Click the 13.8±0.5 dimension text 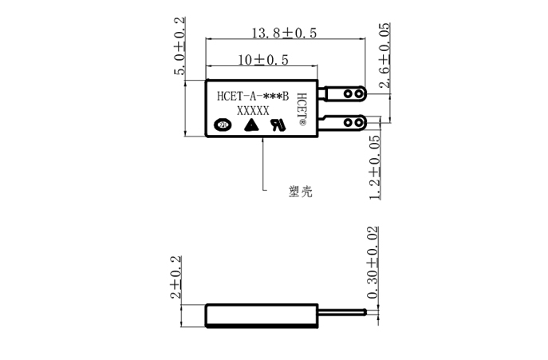pos(284,34)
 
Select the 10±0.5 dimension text pos(262,60)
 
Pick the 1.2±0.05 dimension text pos(376,168)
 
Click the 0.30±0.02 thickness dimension pos(373,263)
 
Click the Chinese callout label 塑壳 pos(300,192)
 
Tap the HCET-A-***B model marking pos(252,96)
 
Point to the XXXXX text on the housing pos(254,111)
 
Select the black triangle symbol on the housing pos(250,125)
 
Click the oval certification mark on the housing pos(223,125)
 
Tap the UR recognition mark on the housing pos(277,125)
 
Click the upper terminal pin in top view pos(344,93)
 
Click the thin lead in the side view pos(344,311)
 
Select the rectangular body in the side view pos(262,315)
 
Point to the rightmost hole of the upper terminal pos(360,93)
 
